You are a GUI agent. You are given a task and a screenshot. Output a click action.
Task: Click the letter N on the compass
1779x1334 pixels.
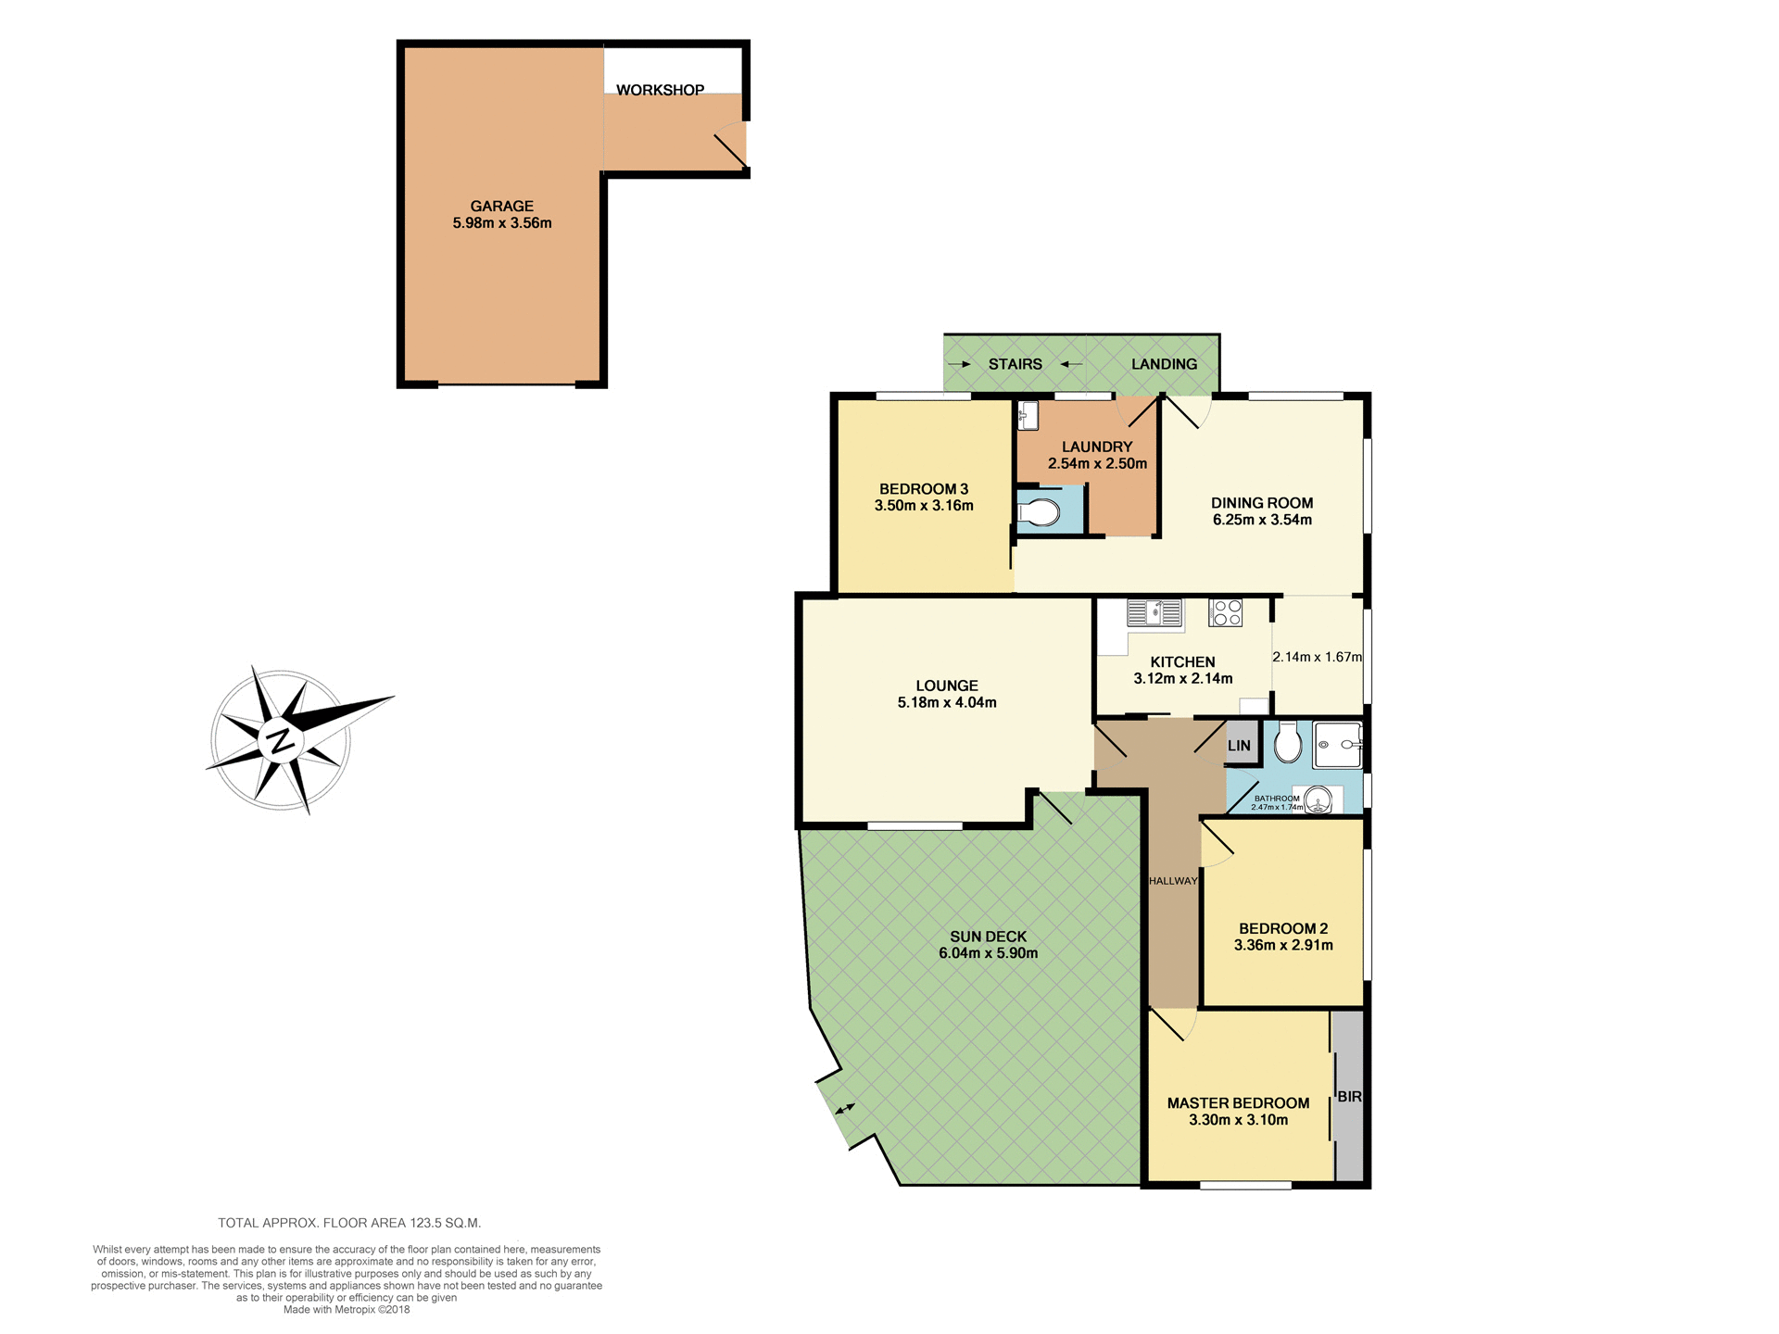[x=280, y=740]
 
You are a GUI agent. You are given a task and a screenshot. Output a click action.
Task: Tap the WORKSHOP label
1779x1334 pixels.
[x=660, y=90]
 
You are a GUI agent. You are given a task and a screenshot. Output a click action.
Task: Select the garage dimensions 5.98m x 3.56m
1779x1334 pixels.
[x=501, y=223]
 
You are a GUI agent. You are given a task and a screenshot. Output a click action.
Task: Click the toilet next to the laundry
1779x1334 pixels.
[x=1039, y=512]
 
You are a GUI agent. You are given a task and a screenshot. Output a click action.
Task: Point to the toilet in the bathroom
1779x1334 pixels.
[x=1287, y=742]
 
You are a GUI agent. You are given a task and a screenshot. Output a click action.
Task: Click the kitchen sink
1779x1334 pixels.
[x=1154, y=612]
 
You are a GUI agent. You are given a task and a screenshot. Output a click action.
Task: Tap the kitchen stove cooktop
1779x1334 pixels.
[x=1226, y=612]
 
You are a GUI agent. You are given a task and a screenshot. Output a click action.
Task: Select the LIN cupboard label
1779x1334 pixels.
[x=1239, y=746]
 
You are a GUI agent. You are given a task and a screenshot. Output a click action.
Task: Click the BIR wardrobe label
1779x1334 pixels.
[x=1349, y=1097]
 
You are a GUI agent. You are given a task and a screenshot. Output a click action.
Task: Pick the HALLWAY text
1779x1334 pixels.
[x=1172, y=881]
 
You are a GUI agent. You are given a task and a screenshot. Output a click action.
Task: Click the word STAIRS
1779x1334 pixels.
[x=1015, y=364]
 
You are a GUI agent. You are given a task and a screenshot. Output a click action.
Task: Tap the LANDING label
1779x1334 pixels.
[x=1164, y=364]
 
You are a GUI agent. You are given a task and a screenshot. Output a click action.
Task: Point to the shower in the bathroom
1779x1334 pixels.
[x=1338, y=745]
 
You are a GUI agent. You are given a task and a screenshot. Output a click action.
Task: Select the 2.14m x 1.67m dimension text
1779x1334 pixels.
[x=1317, y=657]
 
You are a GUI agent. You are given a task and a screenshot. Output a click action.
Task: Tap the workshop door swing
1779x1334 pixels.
[x=731, y=147]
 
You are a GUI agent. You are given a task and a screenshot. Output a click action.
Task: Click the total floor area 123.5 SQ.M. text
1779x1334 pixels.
[x=349, y=1223]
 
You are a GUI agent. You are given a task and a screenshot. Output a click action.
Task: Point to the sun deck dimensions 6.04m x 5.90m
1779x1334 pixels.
[x=988, y=953]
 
